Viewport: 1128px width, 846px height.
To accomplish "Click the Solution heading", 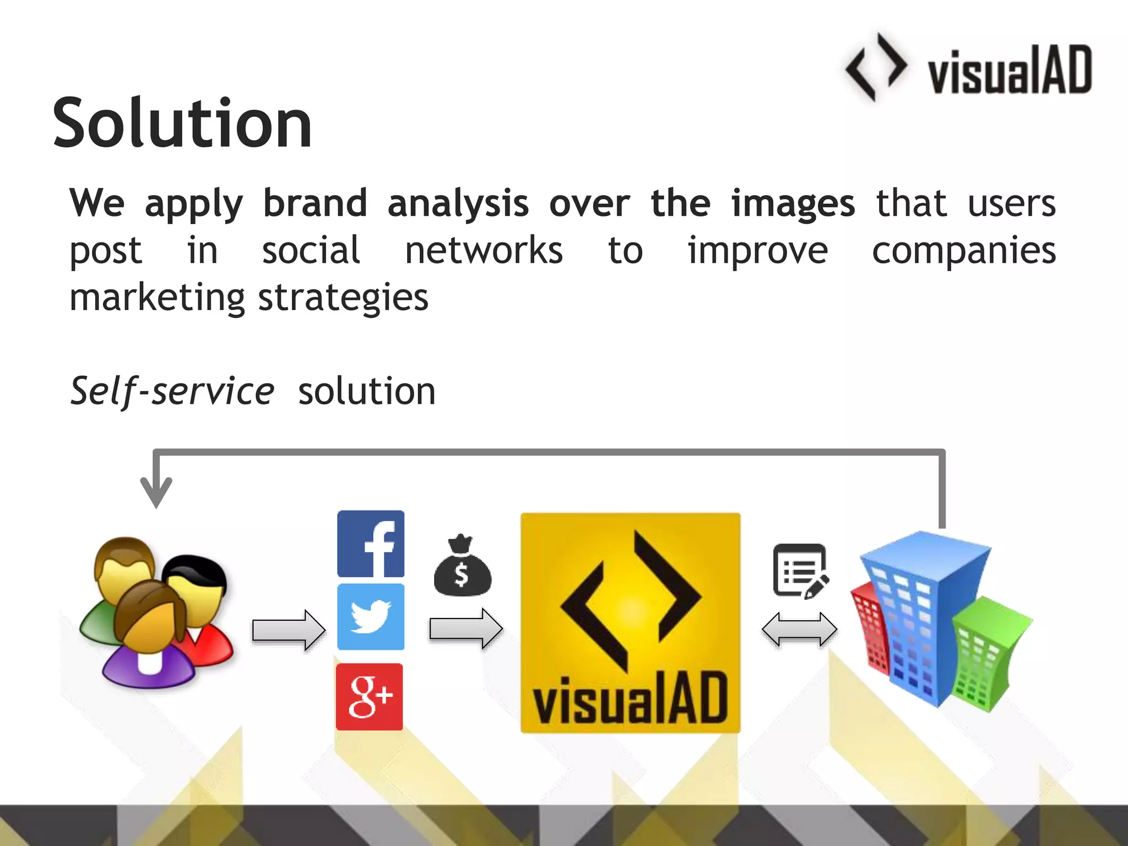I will coord(182,123).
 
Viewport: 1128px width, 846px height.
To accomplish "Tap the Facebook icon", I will coord(371,544).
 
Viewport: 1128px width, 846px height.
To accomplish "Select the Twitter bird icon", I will coord(371,617).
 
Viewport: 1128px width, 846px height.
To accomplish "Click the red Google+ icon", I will coord(370,697).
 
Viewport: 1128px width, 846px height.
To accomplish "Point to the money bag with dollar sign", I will coord(462,567).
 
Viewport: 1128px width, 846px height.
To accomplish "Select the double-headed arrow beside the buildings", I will coord(799,629).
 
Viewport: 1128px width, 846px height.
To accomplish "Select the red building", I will coord(870,628).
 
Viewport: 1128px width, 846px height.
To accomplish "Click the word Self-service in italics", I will coord(172,391).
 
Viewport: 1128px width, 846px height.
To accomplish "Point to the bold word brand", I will coord(315,204).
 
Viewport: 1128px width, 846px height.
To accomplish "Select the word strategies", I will coord(343,298).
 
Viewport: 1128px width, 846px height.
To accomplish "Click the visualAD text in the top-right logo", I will coord(1010,70).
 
